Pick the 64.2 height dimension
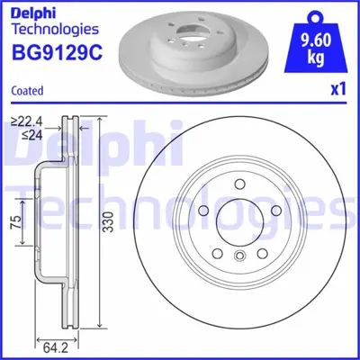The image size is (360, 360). tap(58, 343)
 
